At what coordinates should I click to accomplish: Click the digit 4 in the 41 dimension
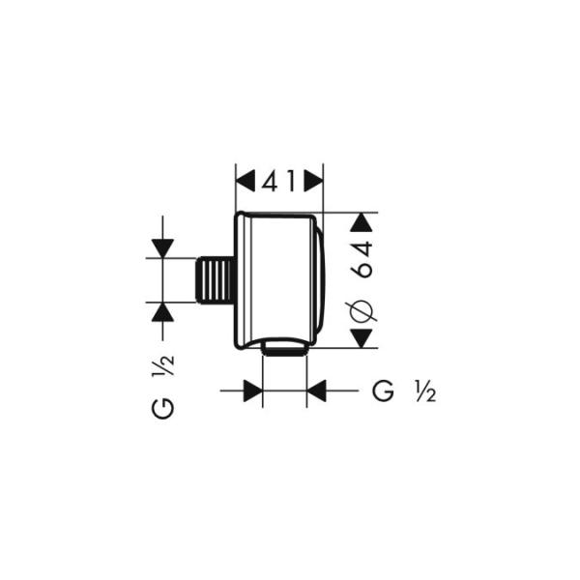click(x=268, y=180)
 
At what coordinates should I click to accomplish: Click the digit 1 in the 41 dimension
click(x=291, y=180)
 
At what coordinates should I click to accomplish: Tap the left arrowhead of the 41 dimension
click(x=246, y=180)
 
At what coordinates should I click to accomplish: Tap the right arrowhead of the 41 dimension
click(x=312, y=180)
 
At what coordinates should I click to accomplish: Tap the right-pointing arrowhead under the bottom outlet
click(x=252, y=391)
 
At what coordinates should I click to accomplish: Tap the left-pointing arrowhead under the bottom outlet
click(x=318, y=391)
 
